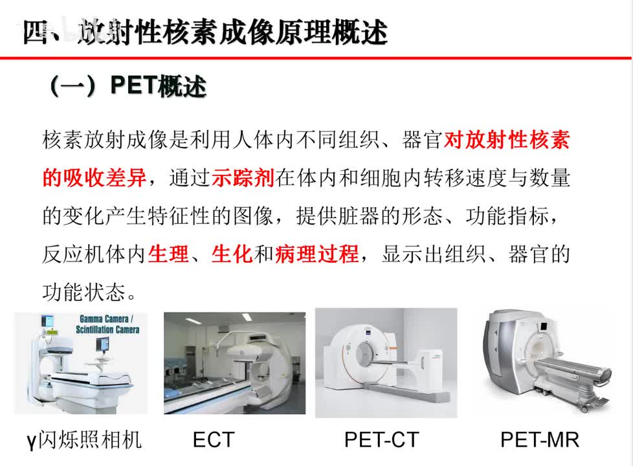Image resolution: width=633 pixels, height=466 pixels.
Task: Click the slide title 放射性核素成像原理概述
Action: [x=205, y=30]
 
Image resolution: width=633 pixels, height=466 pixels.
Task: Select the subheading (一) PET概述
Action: [x=128, y=86]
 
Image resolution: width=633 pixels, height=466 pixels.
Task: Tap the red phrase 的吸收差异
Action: [x=94, y=178]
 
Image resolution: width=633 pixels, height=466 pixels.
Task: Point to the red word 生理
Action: [x=169, y=254]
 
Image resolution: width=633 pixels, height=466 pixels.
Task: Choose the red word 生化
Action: [x=232, y=254]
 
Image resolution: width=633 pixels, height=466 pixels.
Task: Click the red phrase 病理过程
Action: [x=316, y=254]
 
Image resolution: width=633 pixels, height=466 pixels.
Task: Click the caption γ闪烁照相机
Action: [x=84, y=440]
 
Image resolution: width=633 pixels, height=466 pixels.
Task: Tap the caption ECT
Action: [x=213, y=440]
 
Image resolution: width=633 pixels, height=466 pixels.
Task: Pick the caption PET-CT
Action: [x=381, y=440]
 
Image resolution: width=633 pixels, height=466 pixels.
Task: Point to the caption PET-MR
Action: [x=539, y=440]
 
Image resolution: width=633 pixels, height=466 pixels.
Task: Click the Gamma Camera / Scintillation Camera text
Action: [x=109, y=324]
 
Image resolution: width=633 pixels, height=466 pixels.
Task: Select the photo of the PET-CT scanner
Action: [x=386, y=362]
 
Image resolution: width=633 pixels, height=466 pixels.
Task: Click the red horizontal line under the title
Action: [x=316, y=58]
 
